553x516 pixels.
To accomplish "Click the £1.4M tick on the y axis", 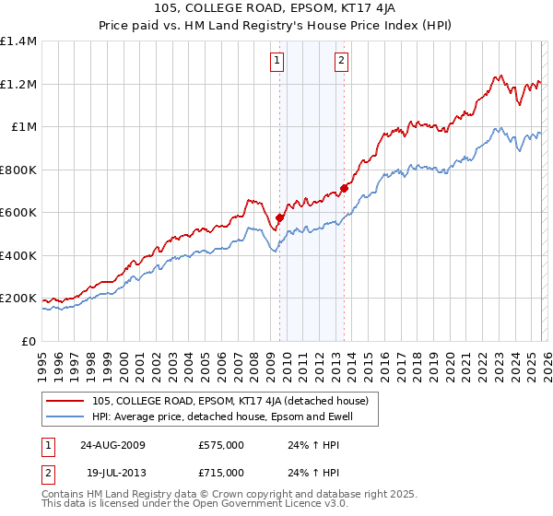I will pyautogui.click(x=18, y=41).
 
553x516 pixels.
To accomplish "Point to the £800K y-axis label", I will pyautogui.click(x=18, y=170).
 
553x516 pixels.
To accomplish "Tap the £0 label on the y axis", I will pyautogui.click(x=29, y=341).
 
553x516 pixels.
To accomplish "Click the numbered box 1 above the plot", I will pyautogui.click(x=277, y=61).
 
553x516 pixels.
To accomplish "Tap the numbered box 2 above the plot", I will pyautogui.click(x=341, y=61).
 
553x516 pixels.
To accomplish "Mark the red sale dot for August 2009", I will pyautogui.click(x=280, y=218).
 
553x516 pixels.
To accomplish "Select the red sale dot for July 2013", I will pyautogui.click(x=344, y=188).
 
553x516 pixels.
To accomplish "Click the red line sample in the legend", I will pyautogui.click(x=67, y=401).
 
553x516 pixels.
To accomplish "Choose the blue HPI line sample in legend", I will pyautogui.click(x=67, y=416).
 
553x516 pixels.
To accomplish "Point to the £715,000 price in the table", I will pyautogui.click(x=221, y=473).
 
